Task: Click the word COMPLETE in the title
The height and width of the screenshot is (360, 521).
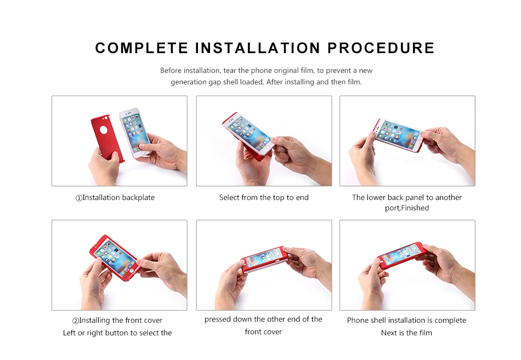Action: [x=141, y=48]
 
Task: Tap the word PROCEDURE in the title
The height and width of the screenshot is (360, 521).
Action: [x=381, y=48]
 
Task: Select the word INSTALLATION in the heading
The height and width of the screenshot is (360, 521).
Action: [x=258, y=48]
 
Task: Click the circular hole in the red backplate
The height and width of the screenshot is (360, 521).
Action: [x=104, y=130]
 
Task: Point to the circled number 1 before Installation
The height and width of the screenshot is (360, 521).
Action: [x=79, y=198]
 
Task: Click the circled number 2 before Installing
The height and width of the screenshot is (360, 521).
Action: [x=76, y=321]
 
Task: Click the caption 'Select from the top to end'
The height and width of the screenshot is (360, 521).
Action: [x=264, y=198]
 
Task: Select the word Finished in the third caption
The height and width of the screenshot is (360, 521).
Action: [x=415, y=208]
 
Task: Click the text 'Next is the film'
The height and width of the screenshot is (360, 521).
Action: [x=406, y=333]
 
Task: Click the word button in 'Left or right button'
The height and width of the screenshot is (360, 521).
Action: [x=117, y=333]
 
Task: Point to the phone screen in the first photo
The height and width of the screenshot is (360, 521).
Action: [x=135, y=131]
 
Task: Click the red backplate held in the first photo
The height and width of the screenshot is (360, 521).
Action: [x=107, y=138]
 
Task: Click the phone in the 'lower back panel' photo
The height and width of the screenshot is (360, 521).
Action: [x=398, y=135]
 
